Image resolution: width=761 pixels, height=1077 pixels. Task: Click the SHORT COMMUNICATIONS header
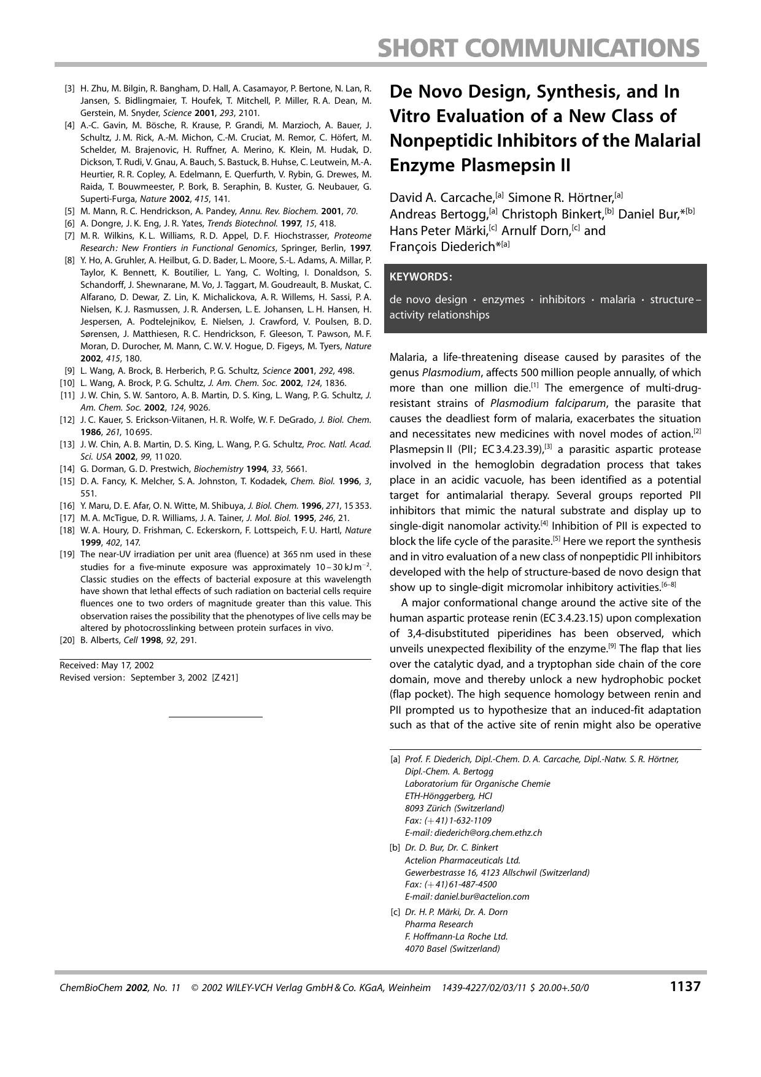pos(538,48)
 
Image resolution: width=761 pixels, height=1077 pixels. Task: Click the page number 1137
pos(684,987)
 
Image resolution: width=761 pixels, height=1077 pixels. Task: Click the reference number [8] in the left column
pos(69,260)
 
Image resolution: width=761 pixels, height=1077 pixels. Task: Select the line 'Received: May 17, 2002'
pos(107,665)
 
